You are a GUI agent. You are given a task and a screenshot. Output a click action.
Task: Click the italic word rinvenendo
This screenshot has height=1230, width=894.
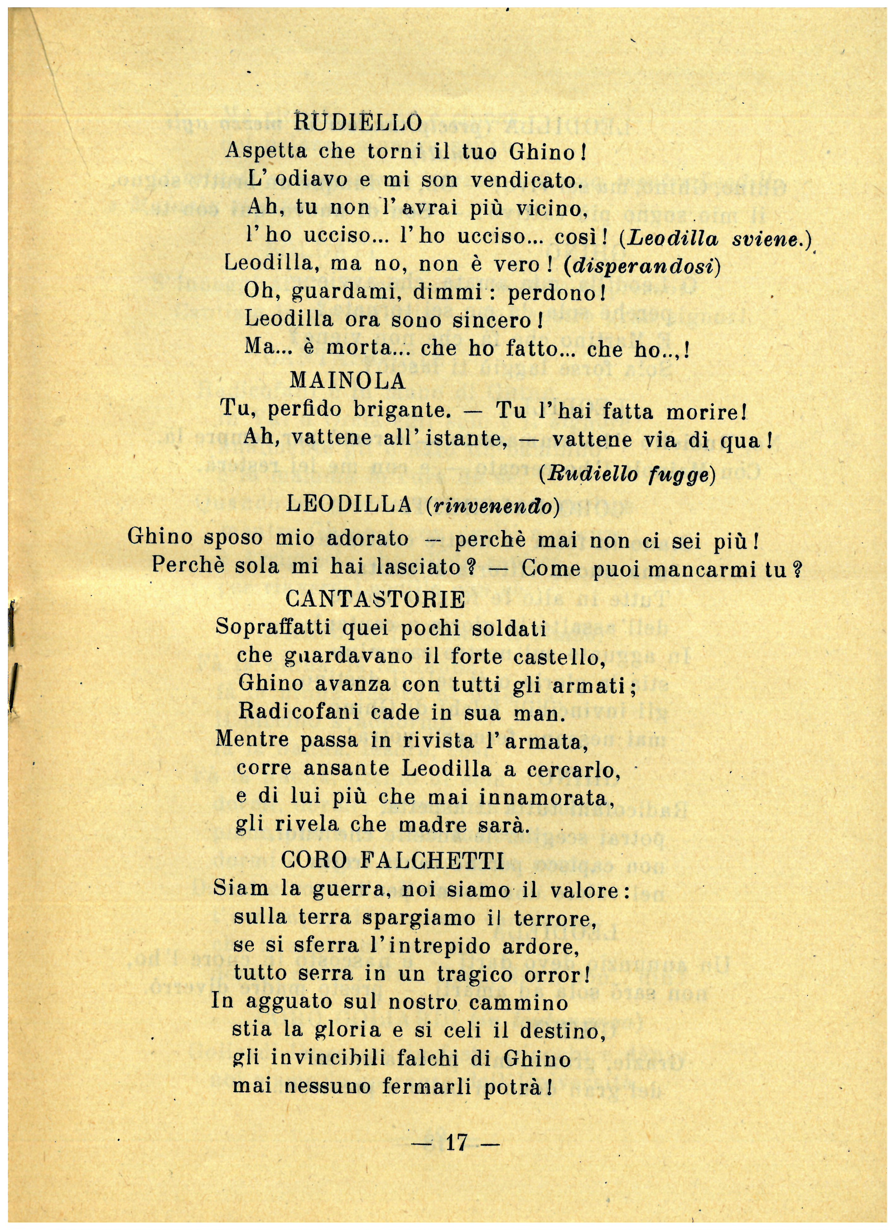[x=492, y=506]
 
